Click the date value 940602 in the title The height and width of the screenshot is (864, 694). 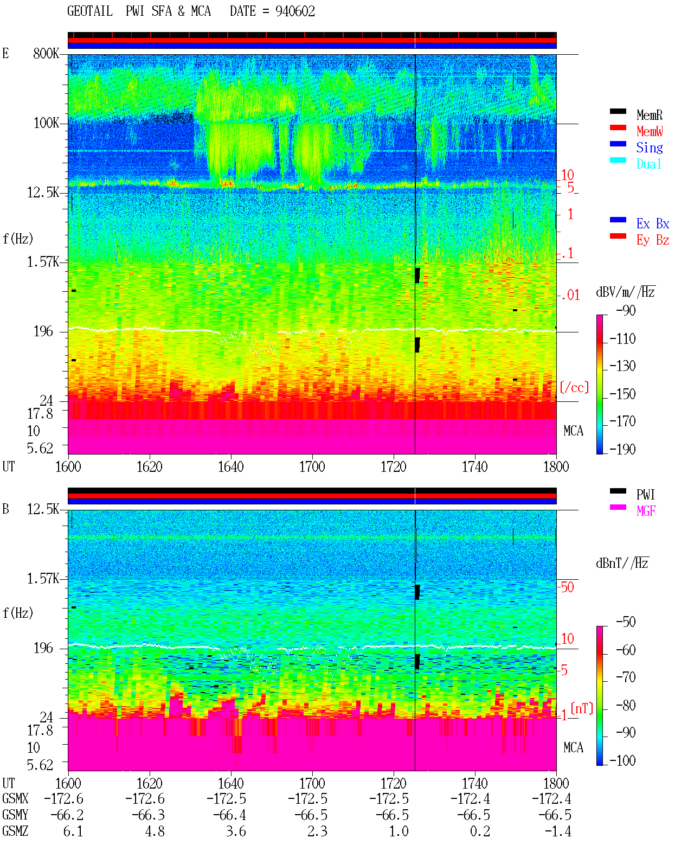[x=295, y=11]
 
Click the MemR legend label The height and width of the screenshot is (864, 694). [x=650, y=115]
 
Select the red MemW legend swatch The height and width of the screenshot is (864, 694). [x=618, y=127]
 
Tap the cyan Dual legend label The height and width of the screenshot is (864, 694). [x=648, y=164]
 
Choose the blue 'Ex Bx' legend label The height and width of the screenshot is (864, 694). [x=653, y=223]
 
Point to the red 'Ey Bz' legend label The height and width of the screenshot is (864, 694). [x=653, y=240]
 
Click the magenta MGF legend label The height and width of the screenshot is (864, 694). [x=646, y=511]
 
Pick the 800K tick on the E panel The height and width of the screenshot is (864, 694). [x=46, y=53]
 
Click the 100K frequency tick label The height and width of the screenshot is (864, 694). [x=46, y=123]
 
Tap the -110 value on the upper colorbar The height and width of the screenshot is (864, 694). [x=622, y=339]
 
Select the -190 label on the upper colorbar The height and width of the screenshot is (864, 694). [x=622, y=449]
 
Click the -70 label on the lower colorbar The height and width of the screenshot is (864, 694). [x=626, y=677]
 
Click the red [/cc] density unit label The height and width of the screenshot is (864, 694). [x=574, y=387]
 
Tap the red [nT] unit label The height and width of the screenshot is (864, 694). [x=582, y=708]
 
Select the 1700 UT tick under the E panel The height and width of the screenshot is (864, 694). [x=312, y=467]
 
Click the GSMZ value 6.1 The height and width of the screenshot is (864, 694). [x=73, y=831]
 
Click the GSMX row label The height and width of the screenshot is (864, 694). [x=15, y=798]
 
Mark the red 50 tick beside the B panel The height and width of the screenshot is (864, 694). [x=567, y=587]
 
